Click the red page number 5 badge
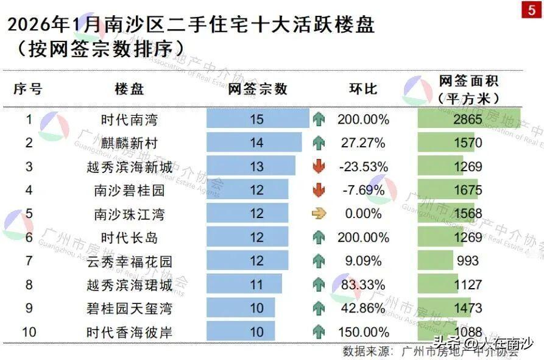click(x=530, y=13)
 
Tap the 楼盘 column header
click(x=130, y=89)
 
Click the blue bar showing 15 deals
click(x=257, y=119)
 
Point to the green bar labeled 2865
click(x=468, y=119)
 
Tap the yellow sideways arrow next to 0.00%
click(x=319, y=214)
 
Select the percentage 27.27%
click(x=363, y=143)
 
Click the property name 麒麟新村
click(x=130, y=143)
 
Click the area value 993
click(x=467, y=261)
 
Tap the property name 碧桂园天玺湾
click(x=130, y=309)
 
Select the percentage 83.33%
click(x=363, y=284)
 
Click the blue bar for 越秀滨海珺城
click(x=244, y=284)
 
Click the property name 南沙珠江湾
click(x=130, y=214)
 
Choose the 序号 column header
click(x=29, y=89)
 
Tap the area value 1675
click(x=467, y=191)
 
